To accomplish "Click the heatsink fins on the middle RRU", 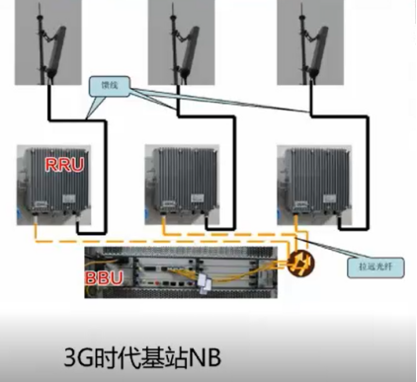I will (x=184, y=178).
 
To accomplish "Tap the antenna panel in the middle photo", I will (x=188, y=44).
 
